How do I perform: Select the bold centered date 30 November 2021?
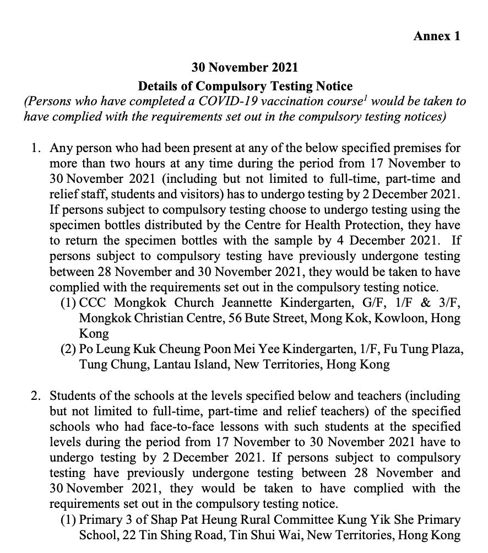[x=245, y=67]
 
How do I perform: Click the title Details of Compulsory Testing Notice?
[x=245, y=86]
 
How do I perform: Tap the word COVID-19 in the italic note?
[x=209, y=102]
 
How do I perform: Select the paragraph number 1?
[x=36, y=149]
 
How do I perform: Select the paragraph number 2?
[x=36, y=395]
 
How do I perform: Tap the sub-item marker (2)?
[x=68, y=349]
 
